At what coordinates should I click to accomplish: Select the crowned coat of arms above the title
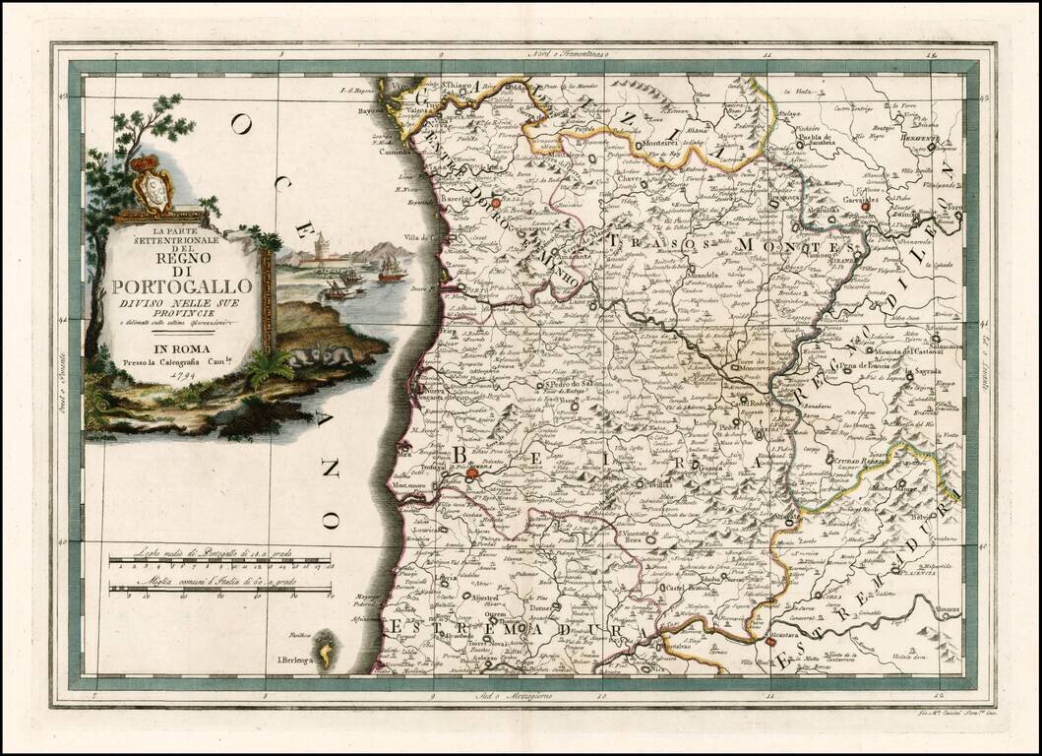153,183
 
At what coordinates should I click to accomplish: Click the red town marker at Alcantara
767,642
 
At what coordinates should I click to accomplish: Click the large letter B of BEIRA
463,454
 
